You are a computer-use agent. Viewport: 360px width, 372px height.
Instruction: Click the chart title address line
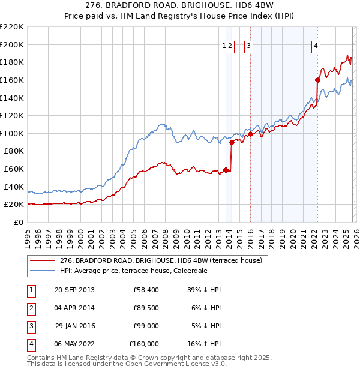179,6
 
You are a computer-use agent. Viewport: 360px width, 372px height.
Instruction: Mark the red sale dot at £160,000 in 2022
318,80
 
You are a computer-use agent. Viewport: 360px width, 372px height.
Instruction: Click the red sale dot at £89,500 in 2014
232,143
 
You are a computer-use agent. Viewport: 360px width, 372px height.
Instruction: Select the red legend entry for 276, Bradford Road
161,261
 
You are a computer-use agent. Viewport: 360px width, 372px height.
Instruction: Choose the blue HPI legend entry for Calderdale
133,271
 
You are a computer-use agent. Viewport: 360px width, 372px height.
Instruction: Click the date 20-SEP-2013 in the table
74,290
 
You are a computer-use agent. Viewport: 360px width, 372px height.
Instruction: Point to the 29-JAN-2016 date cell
74,326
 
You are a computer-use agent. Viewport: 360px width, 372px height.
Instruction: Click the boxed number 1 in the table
30,290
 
